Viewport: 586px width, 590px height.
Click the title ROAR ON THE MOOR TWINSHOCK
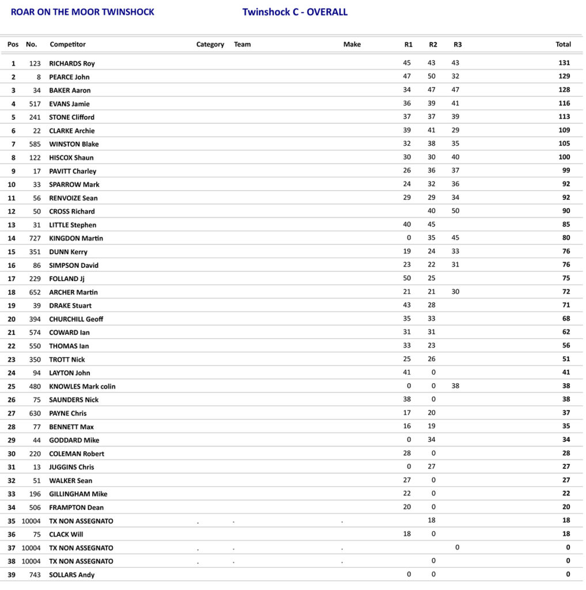click(x=82, y=12)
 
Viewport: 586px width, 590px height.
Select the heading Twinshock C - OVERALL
click(x=295, y=12)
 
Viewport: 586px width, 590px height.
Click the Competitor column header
click(x=68, y=44)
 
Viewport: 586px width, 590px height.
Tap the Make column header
click(x=352, y=44)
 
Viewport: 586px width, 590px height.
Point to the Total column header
click(x=563, y=44)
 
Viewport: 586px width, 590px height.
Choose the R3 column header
click(x=458, y=44)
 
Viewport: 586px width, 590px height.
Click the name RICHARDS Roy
click(x=72, y=63)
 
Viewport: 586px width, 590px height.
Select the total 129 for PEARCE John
click(x=564, y=77)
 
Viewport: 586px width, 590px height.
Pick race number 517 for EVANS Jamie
click(x=35, y=104)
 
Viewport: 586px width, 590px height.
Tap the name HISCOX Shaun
click(x=71, y=157)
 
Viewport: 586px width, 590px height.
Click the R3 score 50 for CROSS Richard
click(x=455, y=211)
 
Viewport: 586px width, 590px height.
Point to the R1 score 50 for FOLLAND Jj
click(x=407, y=278)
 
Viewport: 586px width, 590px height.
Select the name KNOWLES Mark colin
click(x=82, y=386)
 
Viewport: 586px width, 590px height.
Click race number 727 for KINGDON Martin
click(x=35, y=238)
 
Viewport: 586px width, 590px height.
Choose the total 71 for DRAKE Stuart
click(x=566, y=305)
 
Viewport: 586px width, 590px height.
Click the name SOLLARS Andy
click(x=72, y=575)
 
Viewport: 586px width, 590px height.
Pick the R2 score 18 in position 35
click(x=432, y=520)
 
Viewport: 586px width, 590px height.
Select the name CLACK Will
click(x=66, y=534)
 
